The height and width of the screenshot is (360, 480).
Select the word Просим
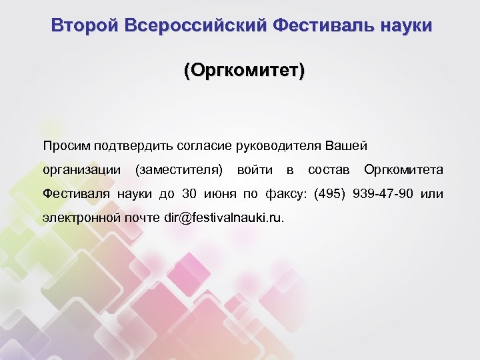pyautogui.click(x=67, y=145)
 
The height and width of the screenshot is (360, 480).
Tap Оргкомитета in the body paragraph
pyautogui.click(x=403, y=170)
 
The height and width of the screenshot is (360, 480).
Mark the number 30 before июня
pyautogui.click(x=189, y=194)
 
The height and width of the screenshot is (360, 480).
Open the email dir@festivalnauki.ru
pyautogui.click(x=223, y=218)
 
